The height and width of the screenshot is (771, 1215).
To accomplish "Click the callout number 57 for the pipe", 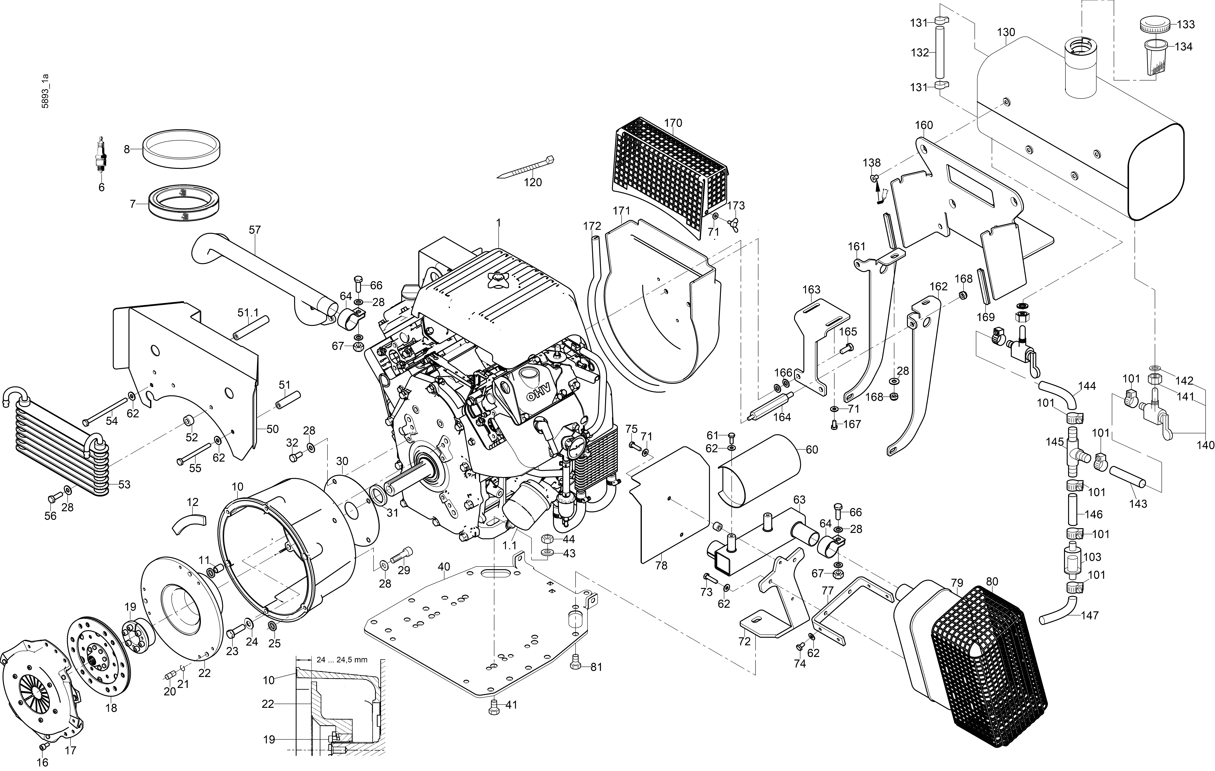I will (255, 230).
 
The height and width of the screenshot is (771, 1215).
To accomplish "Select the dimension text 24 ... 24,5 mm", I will (342, 660).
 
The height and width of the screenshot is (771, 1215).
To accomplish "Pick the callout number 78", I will (661, 566).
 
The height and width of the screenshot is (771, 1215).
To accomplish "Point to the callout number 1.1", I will (510, 545).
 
